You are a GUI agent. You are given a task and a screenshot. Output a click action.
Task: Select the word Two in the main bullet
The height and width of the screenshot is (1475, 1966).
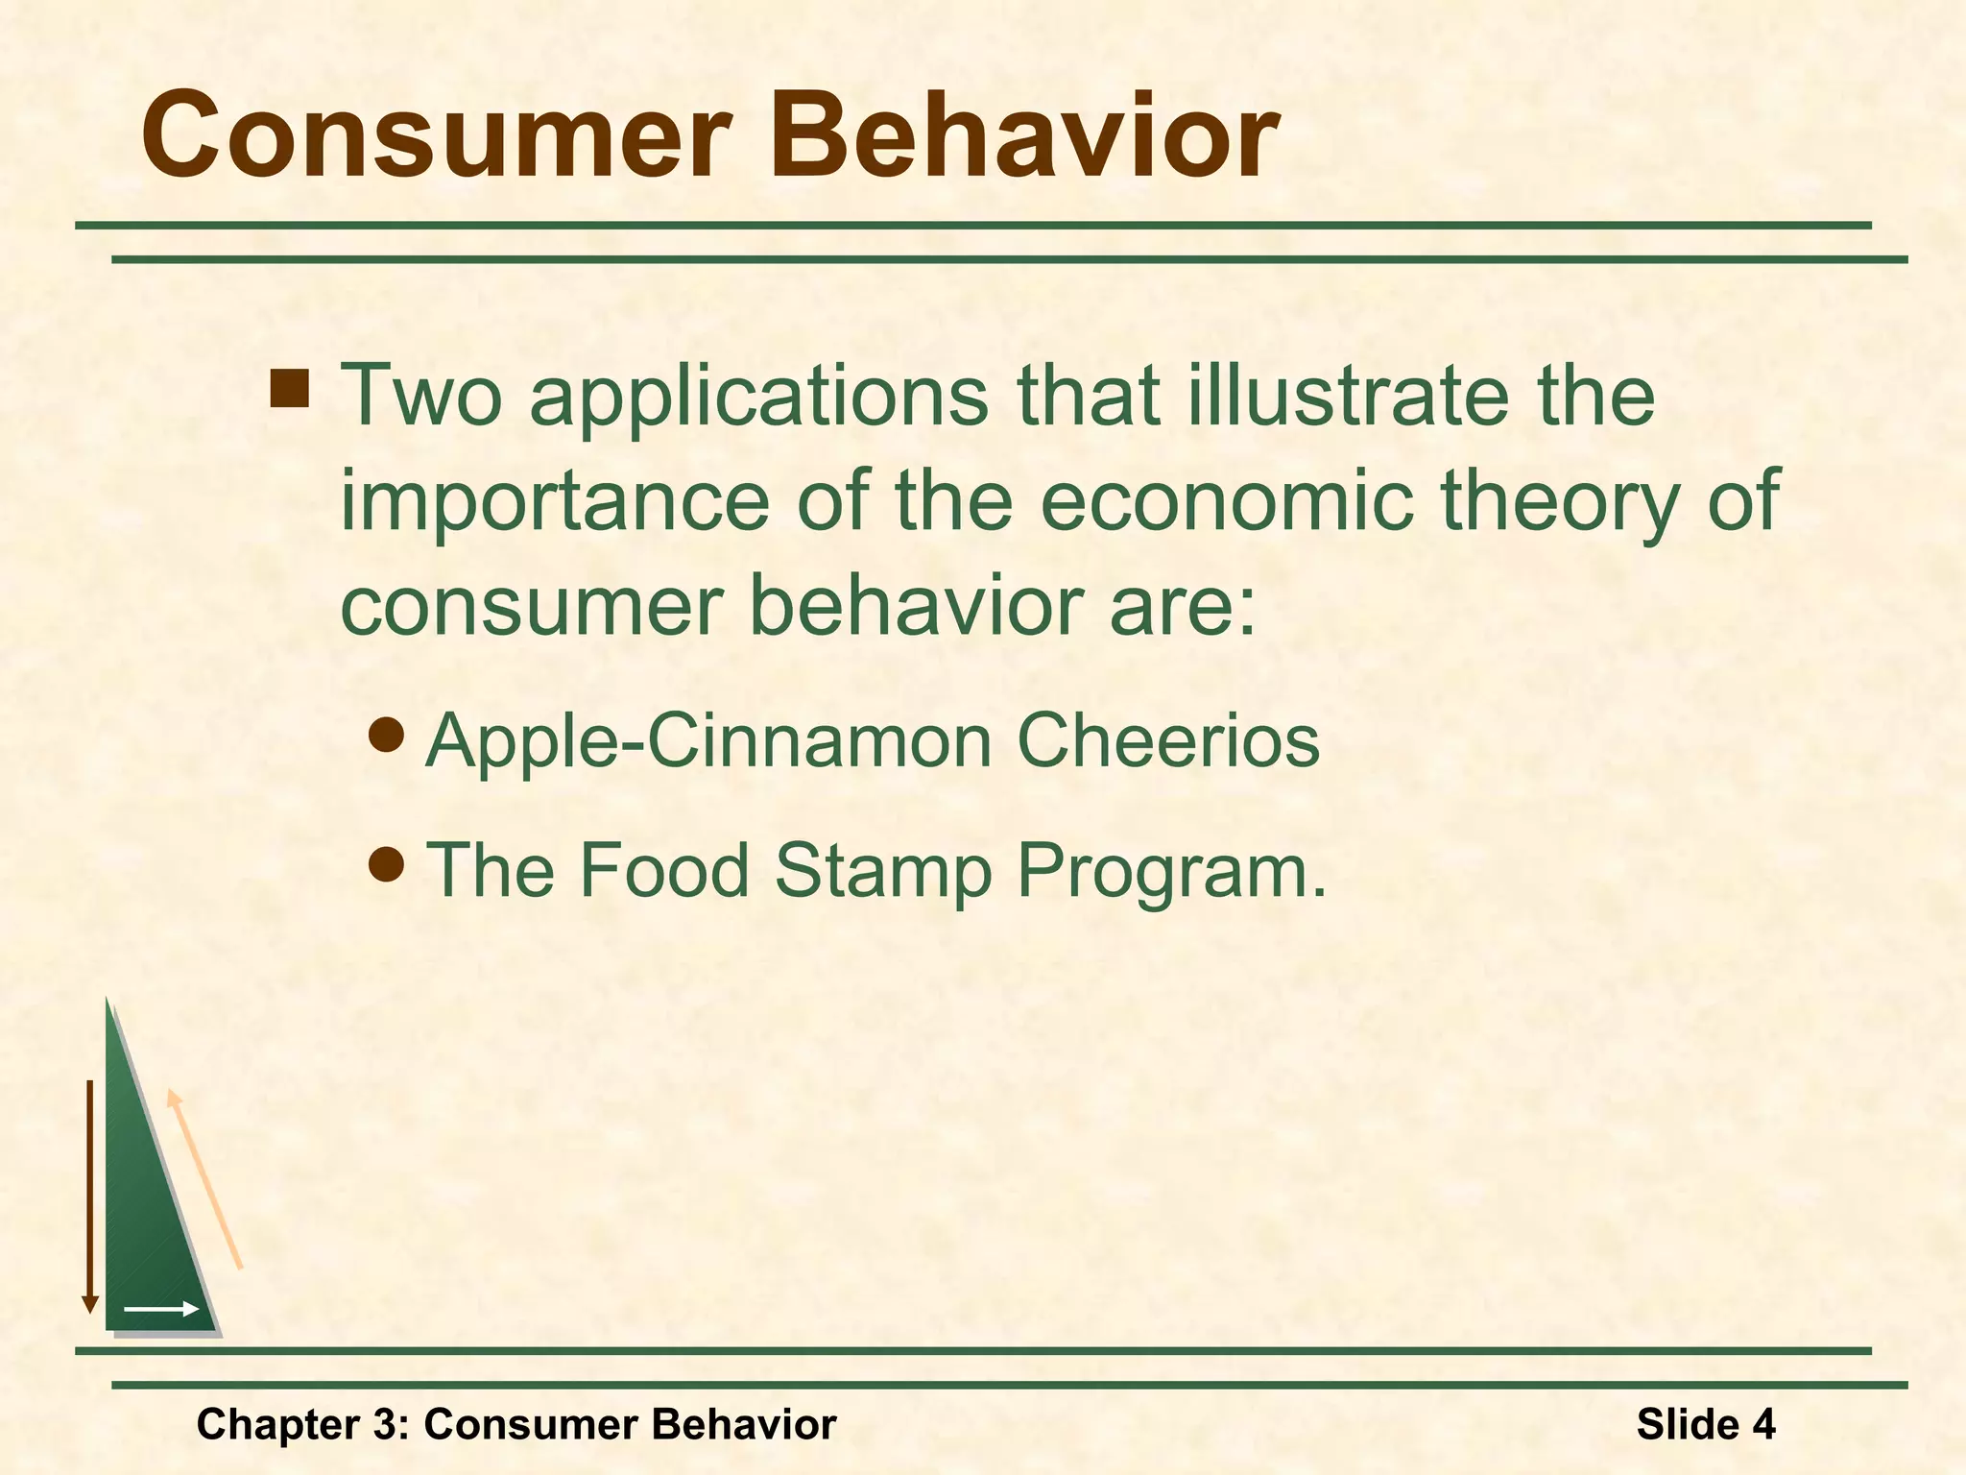[x=420, y=396]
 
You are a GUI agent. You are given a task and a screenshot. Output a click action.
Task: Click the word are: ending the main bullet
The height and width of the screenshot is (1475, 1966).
[x=1183, y=607]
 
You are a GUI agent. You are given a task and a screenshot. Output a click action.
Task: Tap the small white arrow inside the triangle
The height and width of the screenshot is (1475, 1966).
[x=161, y=1309]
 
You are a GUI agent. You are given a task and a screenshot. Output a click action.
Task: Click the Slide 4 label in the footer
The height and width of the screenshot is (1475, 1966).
[x=1705, y=1424]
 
